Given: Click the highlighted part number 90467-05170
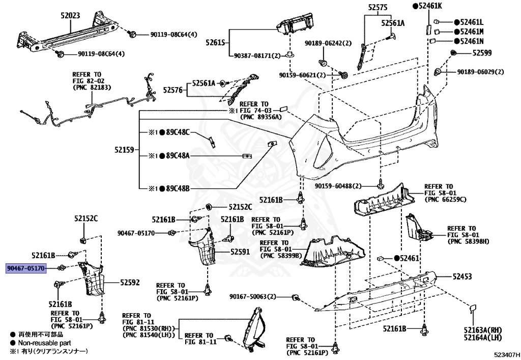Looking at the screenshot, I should click(x=26, y=268).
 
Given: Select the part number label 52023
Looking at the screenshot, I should click(x=70, y=16).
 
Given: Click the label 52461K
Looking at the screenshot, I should click(x=430, y=6).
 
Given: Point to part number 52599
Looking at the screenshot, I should click(x=481, y=52).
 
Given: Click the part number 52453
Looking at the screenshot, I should click(x=462, y=276).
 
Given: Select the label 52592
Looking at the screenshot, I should click(x=130, y=282).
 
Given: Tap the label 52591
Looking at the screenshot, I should click(x=240, y=252).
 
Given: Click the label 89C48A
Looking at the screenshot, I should click(x=177, y=156).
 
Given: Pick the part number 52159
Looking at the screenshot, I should click(x=124, y=150).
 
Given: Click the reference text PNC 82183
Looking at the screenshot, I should click(x=90, y=88).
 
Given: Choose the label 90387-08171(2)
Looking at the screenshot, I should click(x=257, y=55).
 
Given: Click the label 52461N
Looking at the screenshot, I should click(x=472, y=41).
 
